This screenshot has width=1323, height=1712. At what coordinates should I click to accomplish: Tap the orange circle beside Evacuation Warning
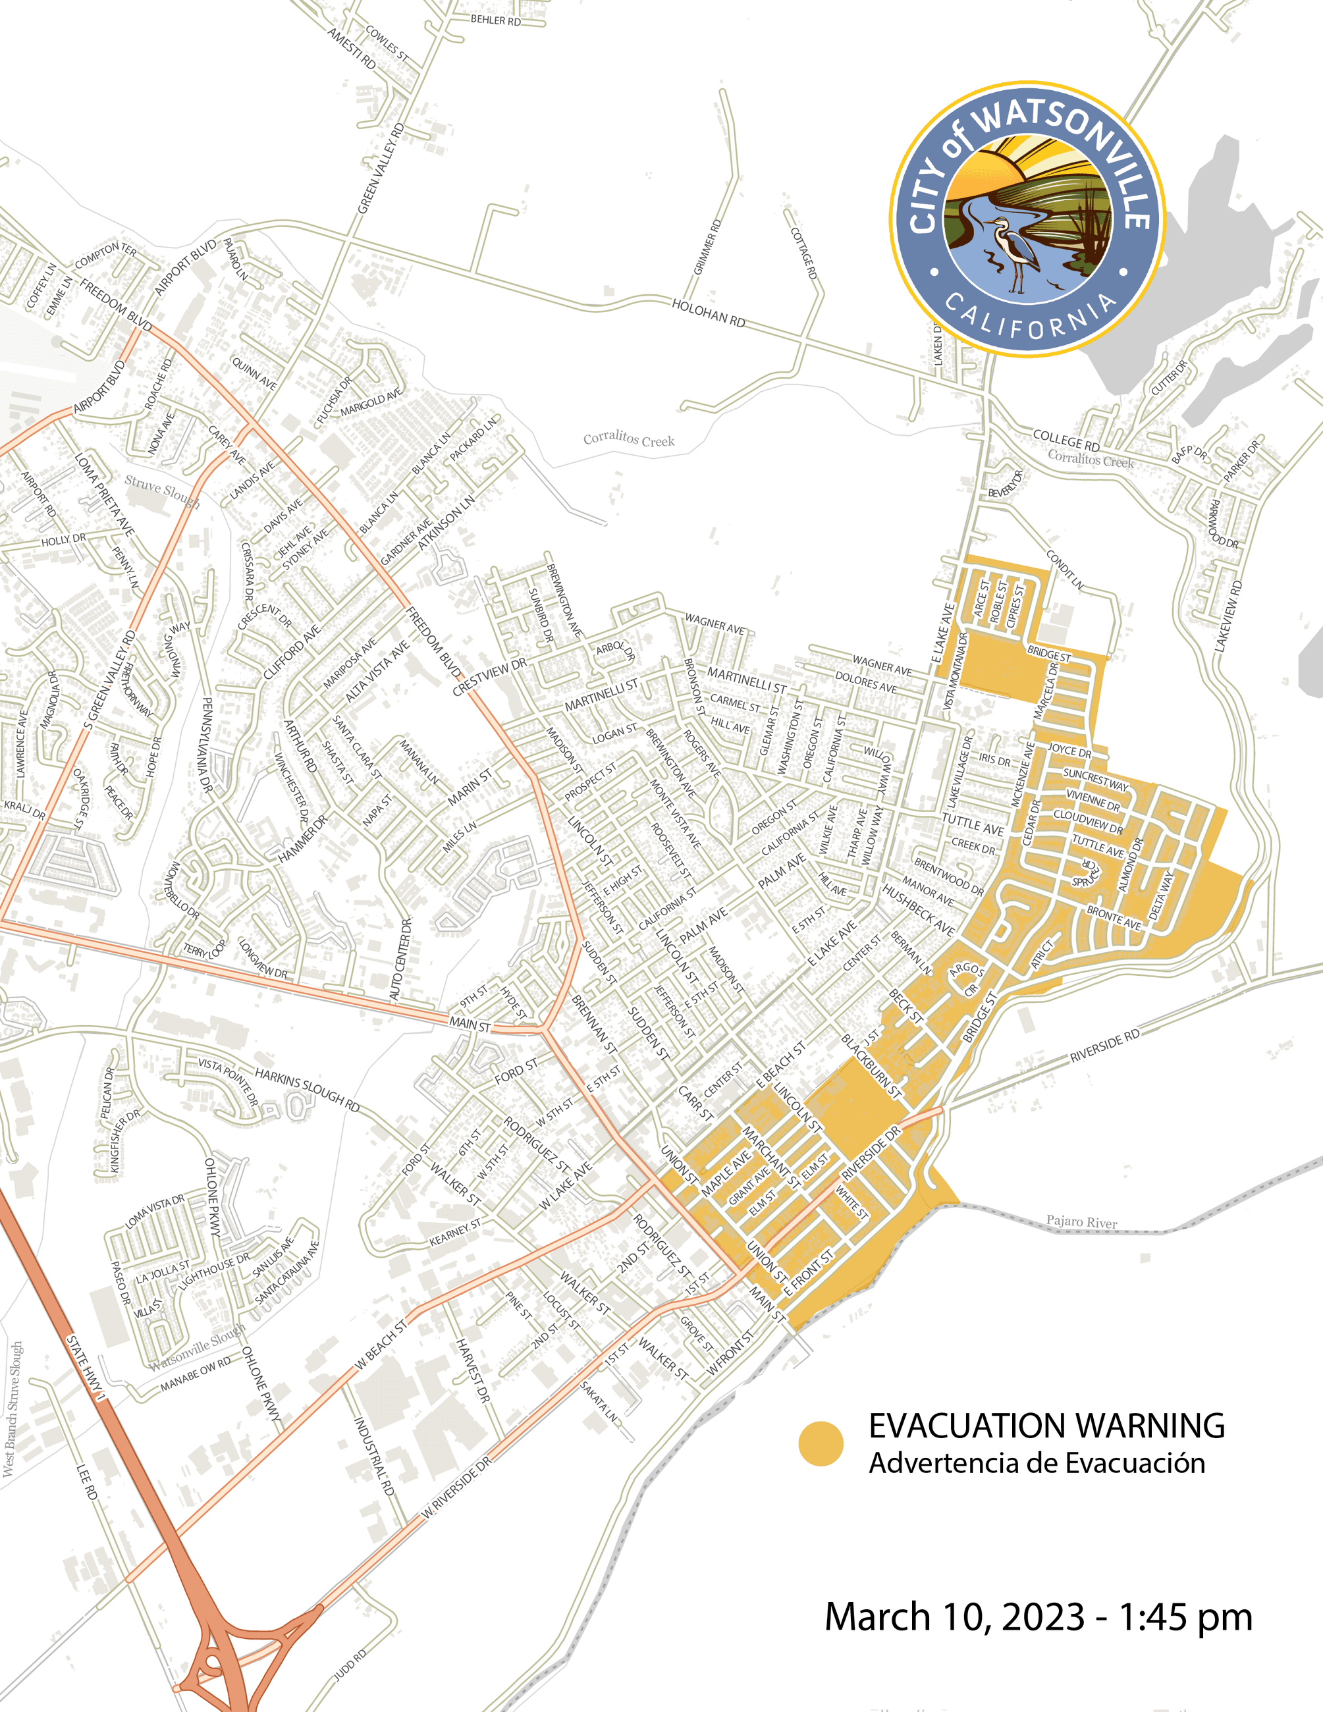821,1443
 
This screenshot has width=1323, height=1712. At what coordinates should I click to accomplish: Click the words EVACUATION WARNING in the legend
1046,1426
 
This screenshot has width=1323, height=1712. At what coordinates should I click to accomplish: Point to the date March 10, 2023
955,1617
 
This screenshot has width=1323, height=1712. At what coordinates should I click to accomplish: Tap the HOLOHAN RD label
708,313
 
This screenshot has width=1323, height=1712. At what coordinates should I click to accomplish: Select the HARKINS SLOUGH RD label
308,1090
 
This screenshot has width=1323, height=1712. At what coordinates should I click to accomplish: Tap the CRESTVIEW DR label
489,676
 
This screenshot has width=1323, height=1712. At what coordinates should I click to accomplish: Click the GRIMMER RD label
707,247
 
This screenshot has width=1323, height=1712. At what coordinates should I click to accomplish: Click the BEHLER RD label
495,20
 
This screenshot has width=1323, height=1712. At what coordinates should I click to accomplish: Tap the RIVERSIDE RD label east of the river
1104,1046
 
